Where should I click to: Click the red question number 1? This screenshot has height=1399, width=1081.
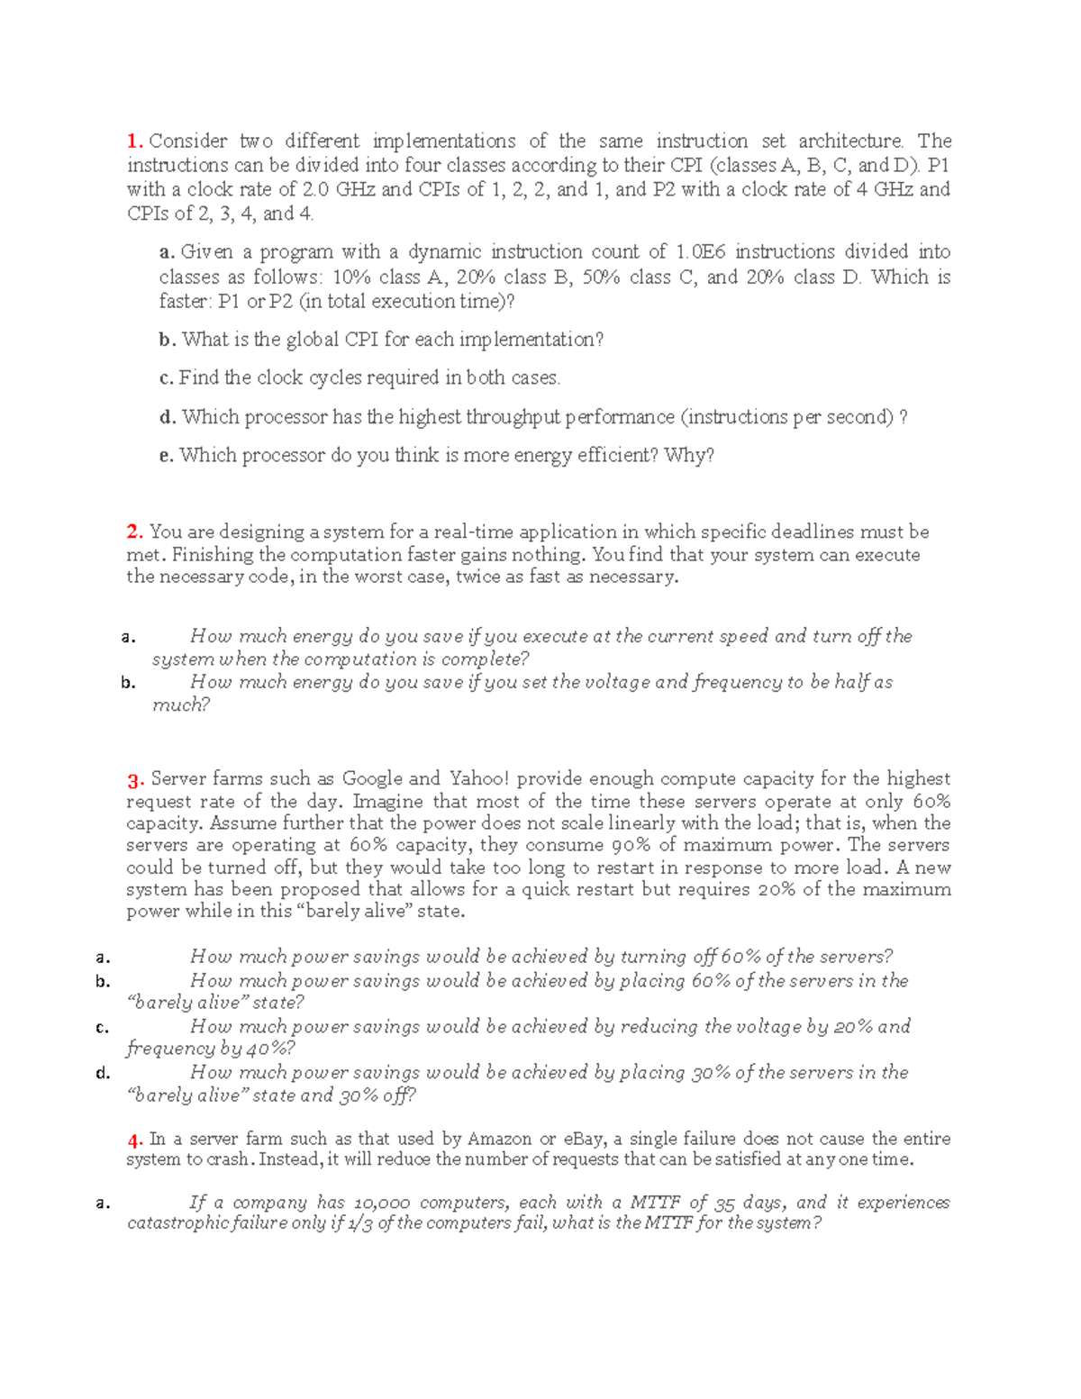134,141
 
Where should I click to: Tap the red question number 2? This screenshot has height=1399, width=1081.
134,532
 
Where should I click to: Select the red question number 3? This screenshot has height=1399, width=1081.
135,779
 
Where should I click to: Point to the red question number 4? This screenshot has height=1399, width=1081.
135,1140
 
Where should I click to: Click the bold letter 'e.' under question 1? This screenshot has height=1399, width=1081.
166,456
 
